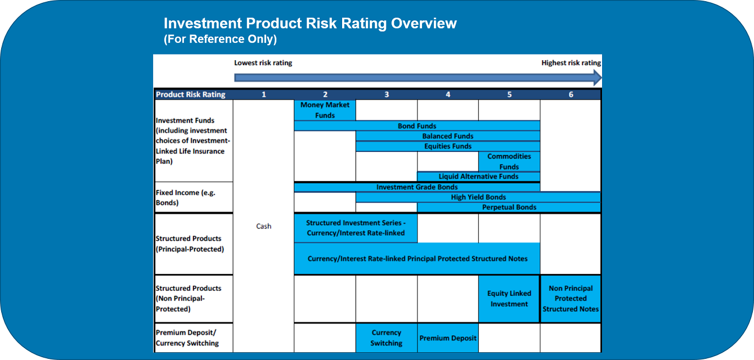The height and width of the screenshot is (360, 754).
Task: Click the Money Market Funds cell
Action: pos(325,110)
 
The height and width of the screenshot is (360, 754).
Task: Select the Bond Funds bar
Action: pos(416,126)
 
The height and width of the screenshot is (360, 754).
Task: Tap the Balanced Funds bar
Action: pos(447,136)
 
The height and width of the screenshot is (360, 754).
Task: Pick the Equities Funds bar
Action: pos(447,146)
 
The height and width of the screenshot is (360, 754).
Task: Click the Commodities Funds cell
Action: pos(509,161)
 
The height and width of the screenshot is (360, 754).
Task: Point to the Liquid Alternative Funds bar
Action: pos(478,177)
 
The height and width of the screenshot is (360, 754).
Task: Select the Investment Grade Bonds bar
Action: pos(416,187)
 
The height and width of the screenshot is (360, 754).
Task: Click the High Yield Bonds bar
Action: pos(478,197)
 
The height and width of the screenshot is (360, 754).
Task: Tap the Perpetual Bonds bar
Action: pos(509,208)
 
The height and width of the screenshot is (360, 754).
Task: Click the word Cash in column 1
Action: pos(263,226)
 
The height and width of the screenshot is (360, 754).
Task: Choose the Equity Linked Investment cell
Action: pos(509,299)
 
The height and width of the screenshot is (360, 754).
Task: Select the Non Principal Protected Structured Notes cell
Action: pos(571,299)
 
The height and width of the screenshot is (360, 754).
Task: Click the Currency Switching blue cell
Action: pos(387,337)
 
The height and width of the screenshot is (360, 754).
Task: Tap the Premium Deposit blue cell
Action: pos(448,338)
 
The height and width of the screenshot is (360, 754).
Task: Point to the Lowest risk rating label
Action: pos(263,63)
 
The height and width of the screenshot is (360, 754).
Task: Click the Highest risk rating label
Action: pos(571,63)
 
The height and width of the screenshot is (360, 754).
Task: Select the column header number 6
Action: pos(571,94)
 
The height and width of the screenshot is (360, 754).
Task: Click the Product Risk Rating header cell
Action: pos(191,94)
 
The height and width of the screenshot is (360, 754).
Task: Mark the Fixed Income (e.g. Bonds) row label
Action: pos(185,197)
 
